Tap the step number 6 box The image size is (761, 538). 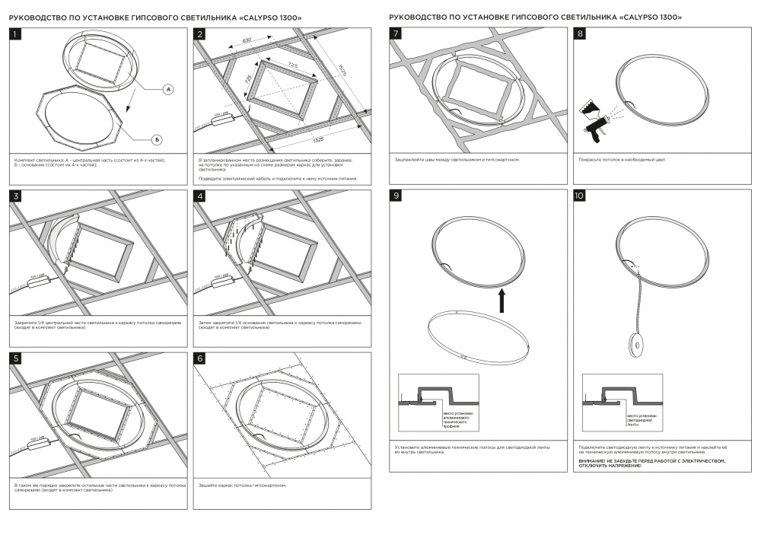[200, 358]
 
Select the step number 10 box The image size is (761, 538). [580, 196]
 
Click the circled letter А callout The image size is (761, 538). [168, 89]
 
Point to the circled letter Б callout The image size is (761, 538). [155, 138]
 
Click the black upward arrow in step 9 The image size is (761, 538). [502, 299]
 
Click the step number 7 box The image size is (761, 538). [396, 34]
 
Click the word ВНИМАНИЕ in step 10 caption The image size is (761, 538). [594, 460]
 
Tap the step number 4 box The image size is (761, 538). [200, 196]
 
